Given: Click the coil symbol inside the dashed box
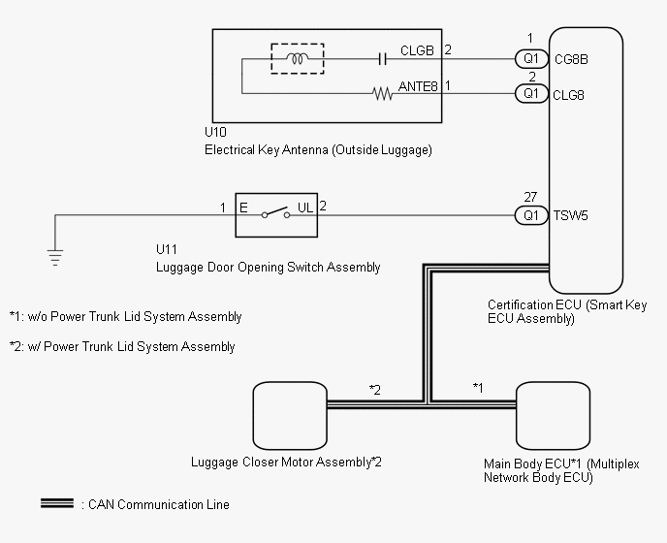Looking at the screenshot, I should [298, 58].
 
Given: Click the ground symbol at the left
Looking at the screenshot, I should [55, 257].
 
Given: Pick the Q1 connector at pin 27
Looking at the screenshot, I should [530, 215].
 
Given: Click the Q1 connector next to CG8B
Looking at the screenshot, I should [530, 58].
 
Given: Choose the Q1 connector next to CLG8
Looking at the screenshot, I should [530, 94].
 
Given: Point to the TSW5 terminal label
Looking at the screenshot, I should [570, 215].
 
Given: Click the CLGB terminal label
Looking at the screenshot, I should [419, 50].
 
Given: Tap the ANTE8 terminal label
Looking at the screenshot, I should [419, 86].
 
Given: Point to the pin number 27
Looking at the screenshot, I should [530, 197].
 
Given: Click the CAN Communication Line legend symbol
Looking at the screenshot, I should [56, 504].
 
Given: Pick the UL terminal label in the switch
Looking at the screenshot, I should [304, 208].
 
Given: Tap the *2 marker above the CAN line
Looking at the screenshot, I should [374, 390].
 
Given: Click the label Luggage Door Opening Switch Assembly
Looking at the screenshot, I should [268, 268].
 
